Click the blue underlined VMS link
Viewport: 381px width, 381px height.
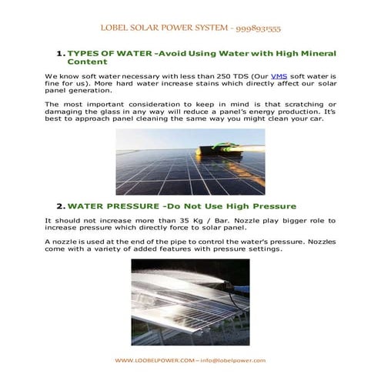[256, 78]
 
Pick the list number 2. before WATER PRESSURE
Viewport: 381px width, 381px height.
[60, 206]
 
